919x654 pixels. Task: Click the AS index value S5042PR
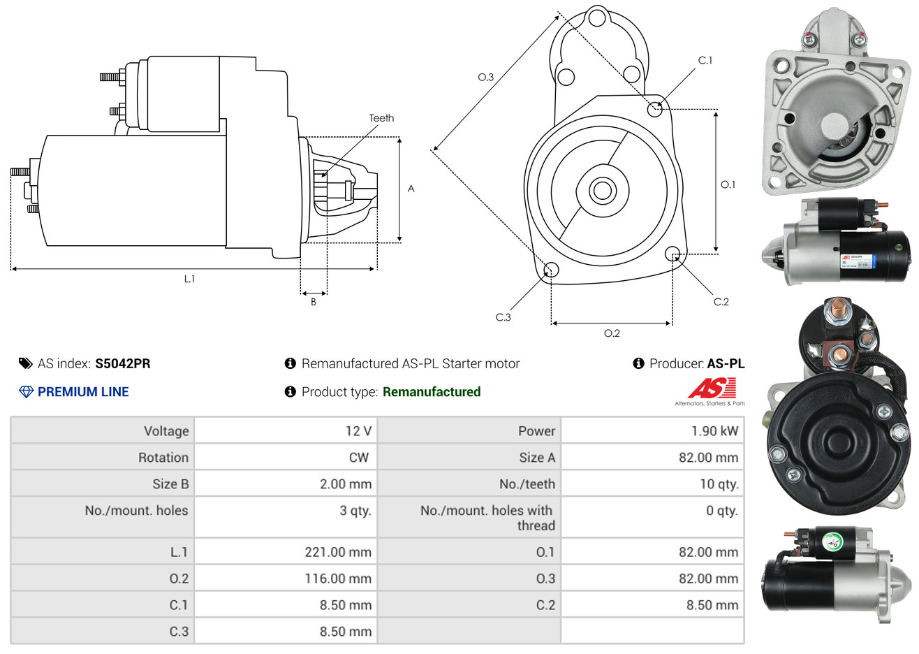[x=122, y=363]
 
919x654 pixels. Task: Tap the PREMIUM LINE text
[x=83, y=392]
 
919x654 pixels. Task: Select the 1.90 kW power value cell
[x=714, y=431]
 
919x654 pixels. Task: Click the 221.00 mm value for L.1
[x=337, y=552]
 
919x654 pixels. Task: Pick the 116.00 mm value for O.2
[x=337, y=579]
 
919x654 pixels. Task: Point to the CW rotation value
[x=358, y=458]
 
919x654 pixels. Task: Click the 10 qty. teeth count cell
[x=719, y=484]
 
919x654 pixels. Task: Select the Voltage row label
[x=166, y=431]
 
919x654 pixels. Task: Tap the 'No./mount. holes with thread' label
[x=487, y=518]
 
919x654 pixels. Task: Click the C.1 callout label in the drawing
[x=705, y=60]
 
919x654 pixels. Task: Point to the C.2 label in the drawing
[x=721, y=302]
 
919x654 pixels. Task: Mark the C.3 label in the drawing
[x=503, y=317]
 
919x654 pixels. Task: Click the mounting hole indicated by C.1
[x=655, y=109]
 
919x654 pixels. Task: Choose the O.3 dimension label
[x=485, y=77]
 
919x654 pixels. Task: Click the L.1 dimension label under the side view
[x=189, y=279]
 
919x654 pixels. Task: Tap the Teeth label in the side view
[x=381, y=118]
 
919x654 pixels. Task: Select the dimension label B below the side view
[x=314, y=302]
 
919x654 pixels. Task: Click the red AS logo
[x=712, y=388]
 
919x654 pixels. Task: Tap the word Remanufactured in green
[x=432, y=392]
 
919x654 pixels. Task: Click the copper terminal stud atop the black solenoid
[x=835, y=307]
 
